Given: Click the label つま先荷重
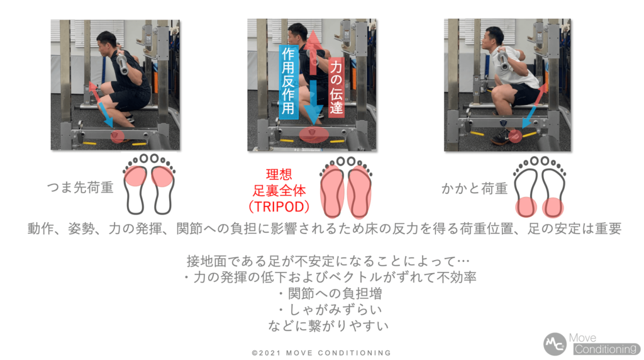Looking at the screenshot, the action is [80, 188].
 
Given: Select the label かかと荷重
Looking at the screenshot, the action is [474, 189].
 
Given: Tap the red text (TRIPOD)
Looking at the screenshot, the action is [279, 206].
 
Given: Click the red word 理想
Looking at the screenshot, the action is [279, 174].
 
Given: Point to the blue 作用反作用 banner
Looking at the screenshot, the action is [289, 82].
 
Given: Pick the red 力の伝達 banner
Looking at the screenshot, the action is [336, 87].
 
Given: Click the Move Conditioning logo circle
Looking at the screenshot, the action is [555, 344].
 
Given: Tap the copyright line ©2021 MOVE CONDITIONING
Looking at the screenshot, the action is [321, 352].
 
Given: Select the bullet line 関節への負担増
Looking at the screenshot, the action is [330, 293].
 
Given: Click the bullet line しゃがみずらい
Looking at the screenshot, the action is [330, 310].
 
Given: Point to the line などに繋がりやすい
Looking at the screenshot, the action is [328, 325].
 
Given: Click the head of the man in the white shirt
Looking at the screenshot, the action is [493, 38].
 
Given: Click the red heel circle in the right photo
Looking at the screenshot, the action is [515, 135].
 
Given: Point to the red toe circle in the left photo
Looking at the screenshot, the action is [117, 137].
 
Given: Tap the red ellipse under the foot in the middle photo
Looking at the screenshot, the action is [314, 135].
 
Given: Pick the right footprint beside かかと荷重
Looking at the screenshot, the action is [553, 187].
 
